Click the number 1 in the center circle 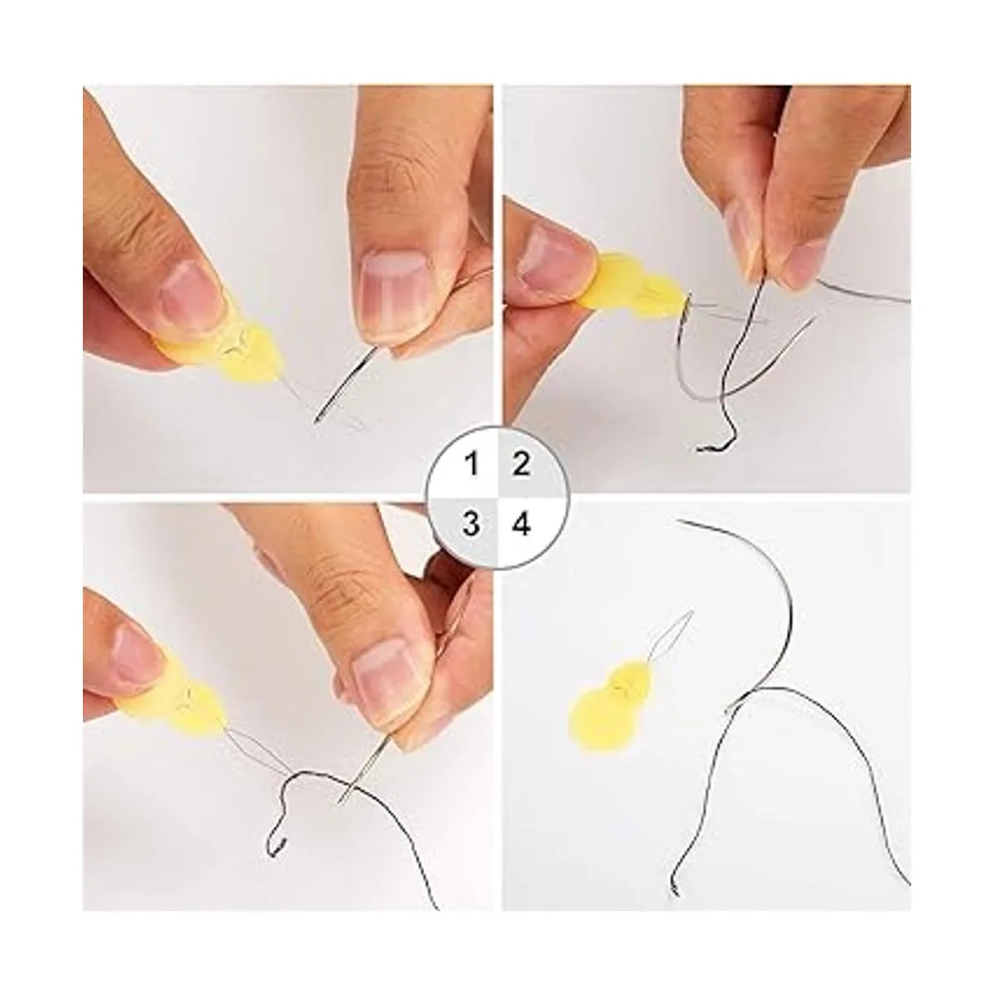point(472,465)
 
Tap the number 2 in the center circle point(521,464)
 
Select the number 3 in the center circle point(471,523)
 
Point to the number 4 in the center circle point(522,523)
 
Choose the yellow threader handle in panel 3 point(181,711)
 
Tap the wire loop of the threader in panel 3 point(256,753)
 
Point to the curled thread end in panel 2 point(714,445)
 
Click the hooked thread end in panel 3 point(281,831)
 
